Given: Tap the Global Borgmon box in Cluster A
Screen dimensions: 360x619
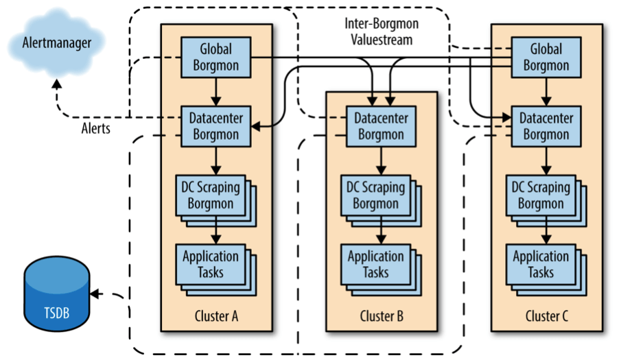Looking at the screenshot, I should (x=215, y=57).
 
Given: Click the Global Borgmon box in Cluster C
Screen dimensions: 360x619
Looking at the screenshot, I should (x=546, y=57).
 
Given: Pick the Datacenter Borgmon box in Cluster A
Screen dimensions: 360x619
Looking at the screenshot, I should (x=215, y=125).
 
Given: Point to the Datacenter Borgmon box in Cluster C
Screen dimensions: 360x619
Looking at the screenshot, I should (x=546, y=125).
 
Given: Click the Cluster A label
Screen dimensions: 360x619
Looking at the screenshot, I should (x=215, y=317).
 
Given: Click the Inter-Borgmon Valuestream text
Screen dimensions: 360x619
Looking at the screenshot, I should (x=381, y=32).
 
